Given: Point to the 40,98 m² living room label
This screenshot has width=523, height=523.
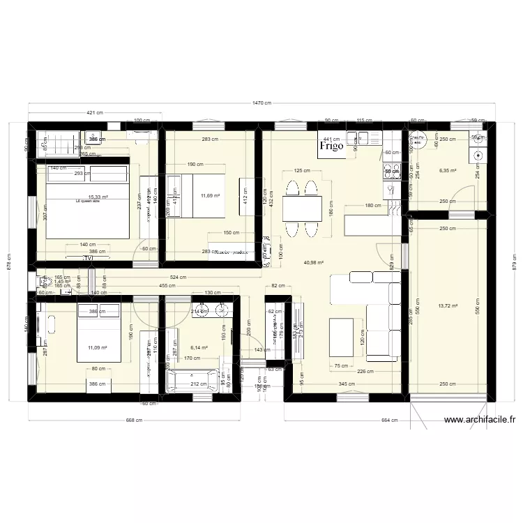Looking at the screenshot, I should (312, 262).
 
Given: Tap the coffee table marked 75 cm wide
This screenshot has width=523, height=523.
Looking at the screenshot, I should (341, 338).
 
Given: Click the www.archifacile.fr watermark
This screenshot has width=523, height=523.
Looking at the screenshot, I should (479, 420).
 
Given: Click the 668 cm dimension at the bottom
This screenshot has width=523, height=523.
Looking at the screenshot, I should (134, 420).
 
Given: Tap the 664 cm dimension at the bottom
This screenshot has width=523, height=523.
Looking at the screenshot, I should (390, 420).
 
